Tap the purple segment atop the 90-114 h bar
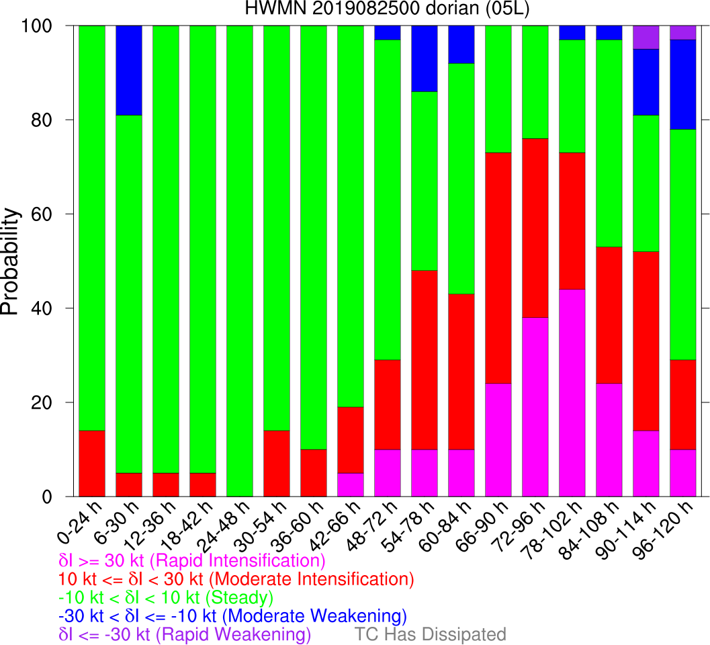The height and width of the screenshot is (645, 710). click(x=646, y=38)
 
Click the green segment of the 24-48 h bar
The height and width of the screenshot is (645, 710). click(x=240, y=261)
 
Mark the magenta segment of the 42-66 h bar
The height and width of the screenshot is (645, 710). click(x=350, y=485)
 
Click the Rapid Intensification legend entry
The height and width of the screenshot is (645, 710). click(x=192, y=560)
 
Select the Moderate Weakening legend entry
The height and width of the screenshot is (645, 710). click(x=233, y=616)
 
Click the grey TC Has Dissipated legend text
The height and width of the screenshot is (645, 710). click(x=431, y=634)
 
